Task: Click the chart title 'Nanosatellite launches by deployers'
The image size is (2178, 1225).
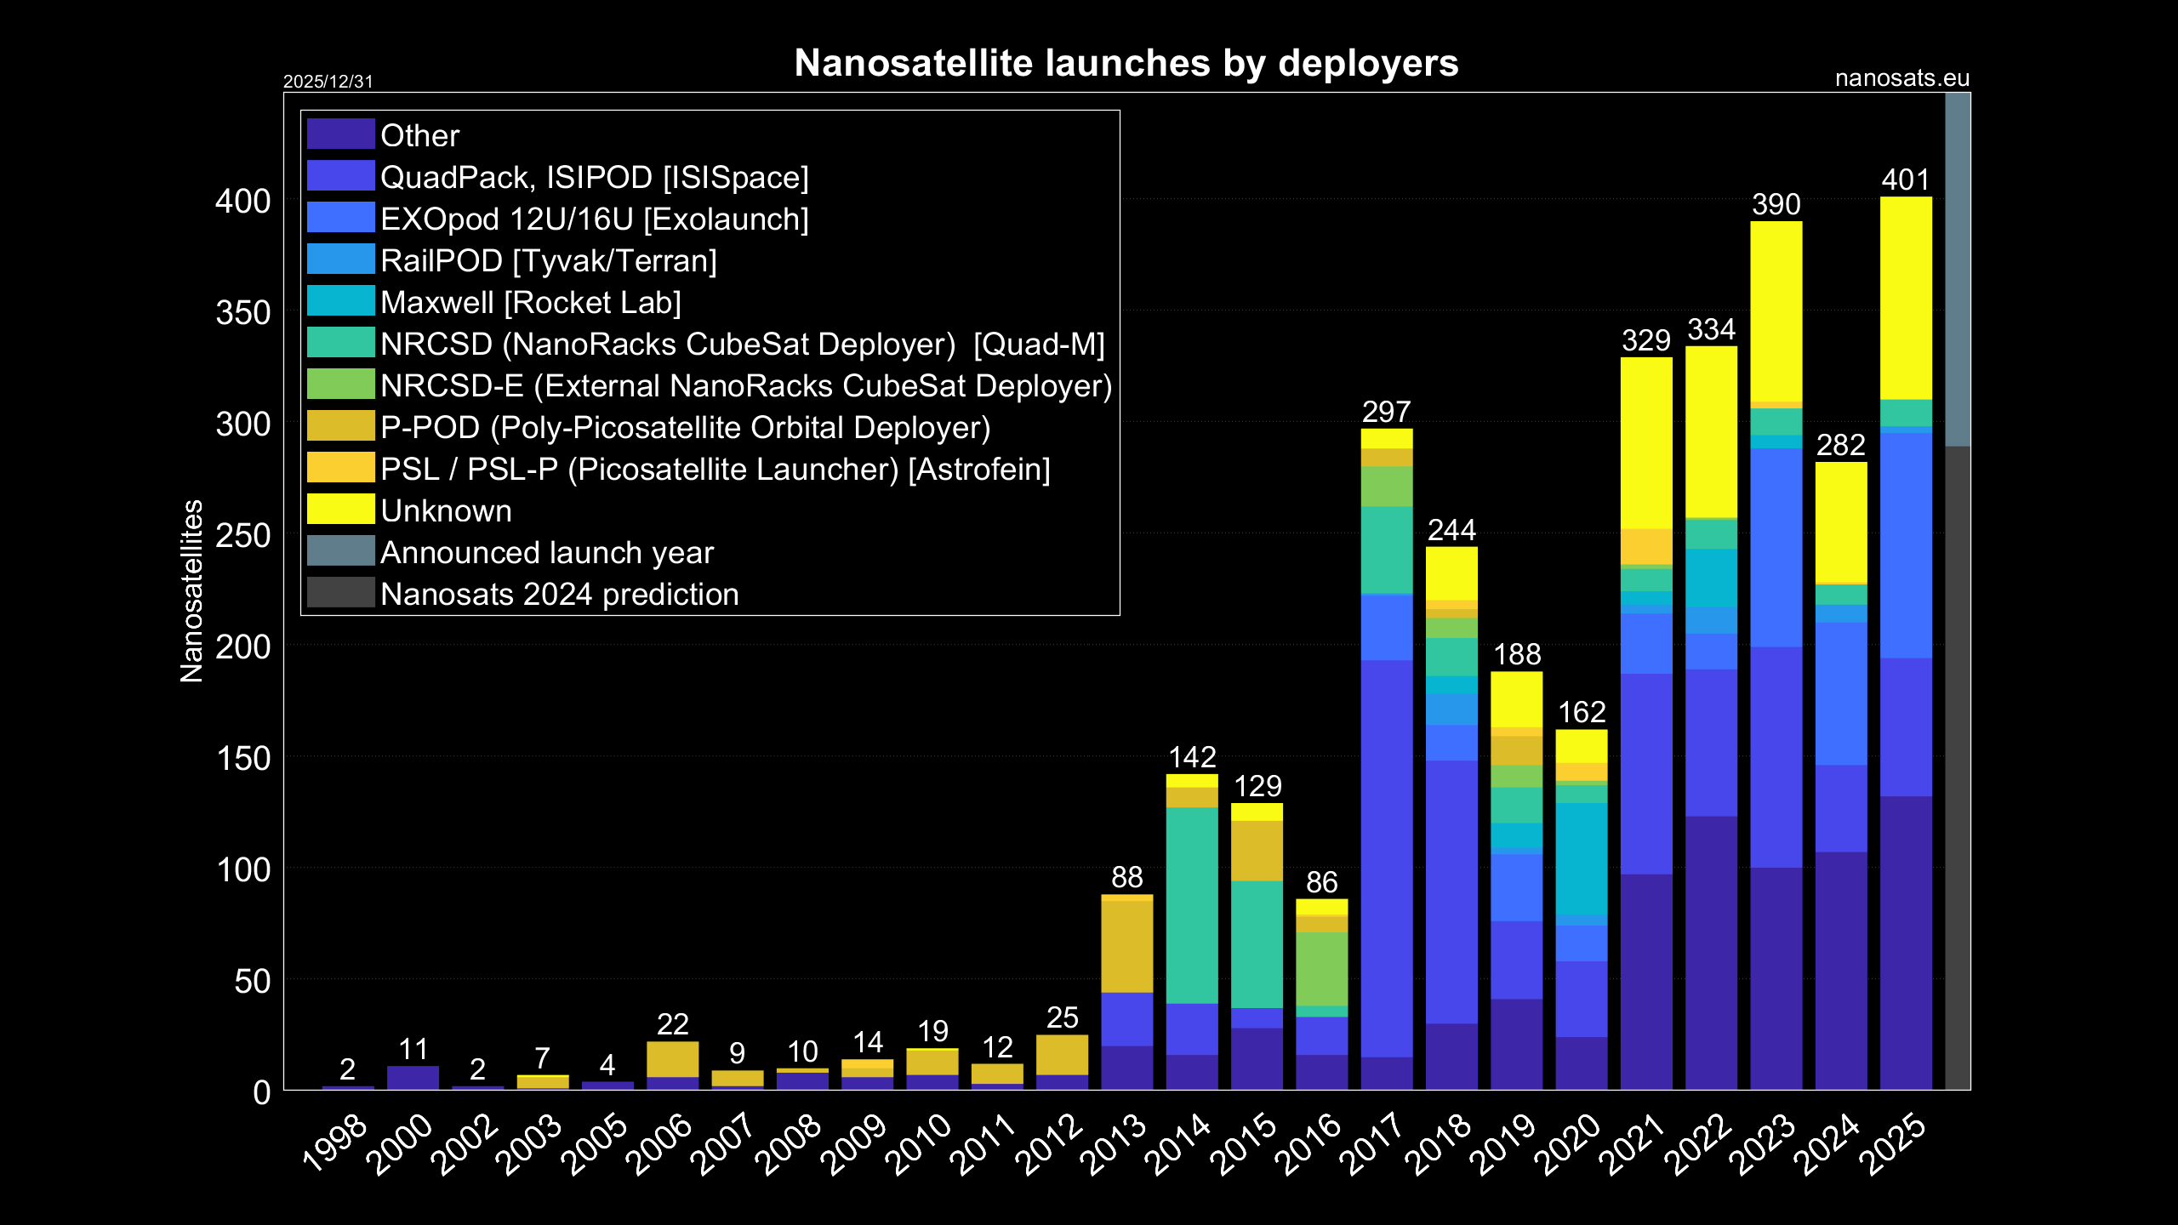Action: pos(1126,64)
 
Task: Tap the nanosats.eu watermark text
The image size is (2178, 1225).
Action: pos(1901,79)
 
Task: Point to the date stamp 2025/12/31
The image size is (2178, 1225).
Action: pos(328,82)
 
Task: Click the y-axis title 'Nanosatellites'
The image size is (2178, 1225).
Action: pos(192,591)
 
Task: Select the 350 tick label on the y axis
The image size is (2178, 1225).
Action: pos(242,313)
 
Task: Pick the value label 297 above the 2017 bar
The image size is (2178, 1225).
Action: pos(1386,413)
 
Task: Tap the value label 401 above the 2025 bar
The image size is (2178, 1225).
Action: pos(1905,180)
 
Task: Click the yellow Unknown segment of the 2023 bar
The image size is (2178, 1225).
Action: pos(1776,311)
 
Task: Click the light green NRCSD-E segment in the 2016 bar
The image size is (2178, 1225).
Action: pos(1321,968)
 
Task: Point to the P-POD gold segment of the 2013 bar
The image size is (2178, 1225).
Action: pos(1126,944)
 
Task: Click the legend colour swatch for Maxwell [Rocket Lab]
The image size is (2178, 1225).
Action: pos(340,301)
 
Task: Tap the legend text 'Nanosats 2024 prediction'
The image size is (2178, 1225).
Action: pos(559,595)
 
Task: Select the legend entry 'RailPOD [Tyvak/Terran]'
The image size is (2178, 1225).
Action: pos(548,261)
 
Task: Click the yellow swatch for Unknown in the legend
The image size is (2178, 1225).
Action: pos(340,510)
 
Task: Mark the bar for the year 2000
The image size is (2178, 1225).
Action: pos(413,1077)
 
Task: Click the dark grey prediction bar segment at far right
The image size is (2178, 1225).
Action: pos(1957,766)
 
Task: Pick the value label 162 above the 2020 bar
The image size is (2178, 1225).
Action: pos(1581,713)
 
